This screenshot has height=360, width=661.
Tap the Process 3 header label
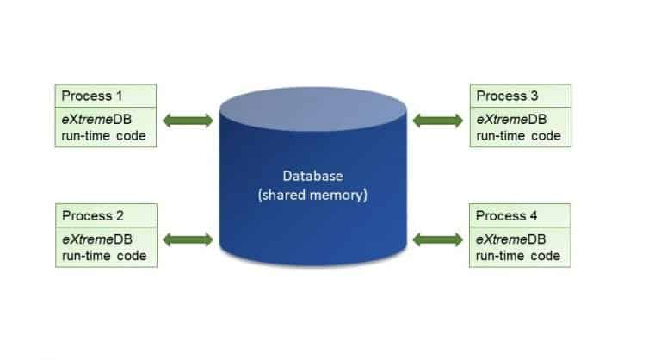click(507, 95)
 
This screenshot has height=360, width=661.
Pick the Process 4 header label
click(507, 215)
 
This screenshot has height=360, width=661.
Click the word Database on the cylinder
click(312, 177)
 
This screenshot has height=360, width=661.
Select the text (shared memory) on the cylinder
click(312, 195)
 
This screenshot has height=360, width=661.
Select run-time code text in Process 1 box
click(102, 135)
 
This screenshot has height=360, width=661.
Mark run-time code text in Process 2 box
click(102, 255)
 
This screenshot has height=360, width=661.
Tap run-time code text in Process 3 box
click(518, 135)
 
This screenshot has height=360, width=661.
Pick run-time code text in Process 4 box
click(518, 255)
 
